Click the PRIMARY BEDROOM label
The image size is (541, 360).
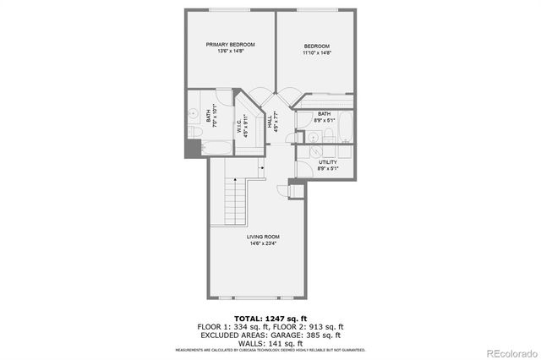(231, 45)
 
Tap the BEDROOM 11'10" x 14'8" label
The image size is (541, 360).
(316, 46)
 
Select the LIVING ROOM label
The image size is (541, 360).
(263, 237)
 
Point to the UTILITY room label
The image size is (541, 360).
(328, 161)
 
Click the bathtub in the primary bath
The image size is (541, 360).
(219, 149)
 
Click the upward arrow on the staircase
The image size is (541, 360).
(263, 169)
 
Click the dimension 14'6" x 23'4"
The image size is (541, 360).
(263, 243)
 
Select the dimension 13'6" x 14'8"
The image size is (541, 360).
(231, 52)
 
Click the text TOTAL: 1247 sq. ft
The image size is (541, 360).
(270, 318)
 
